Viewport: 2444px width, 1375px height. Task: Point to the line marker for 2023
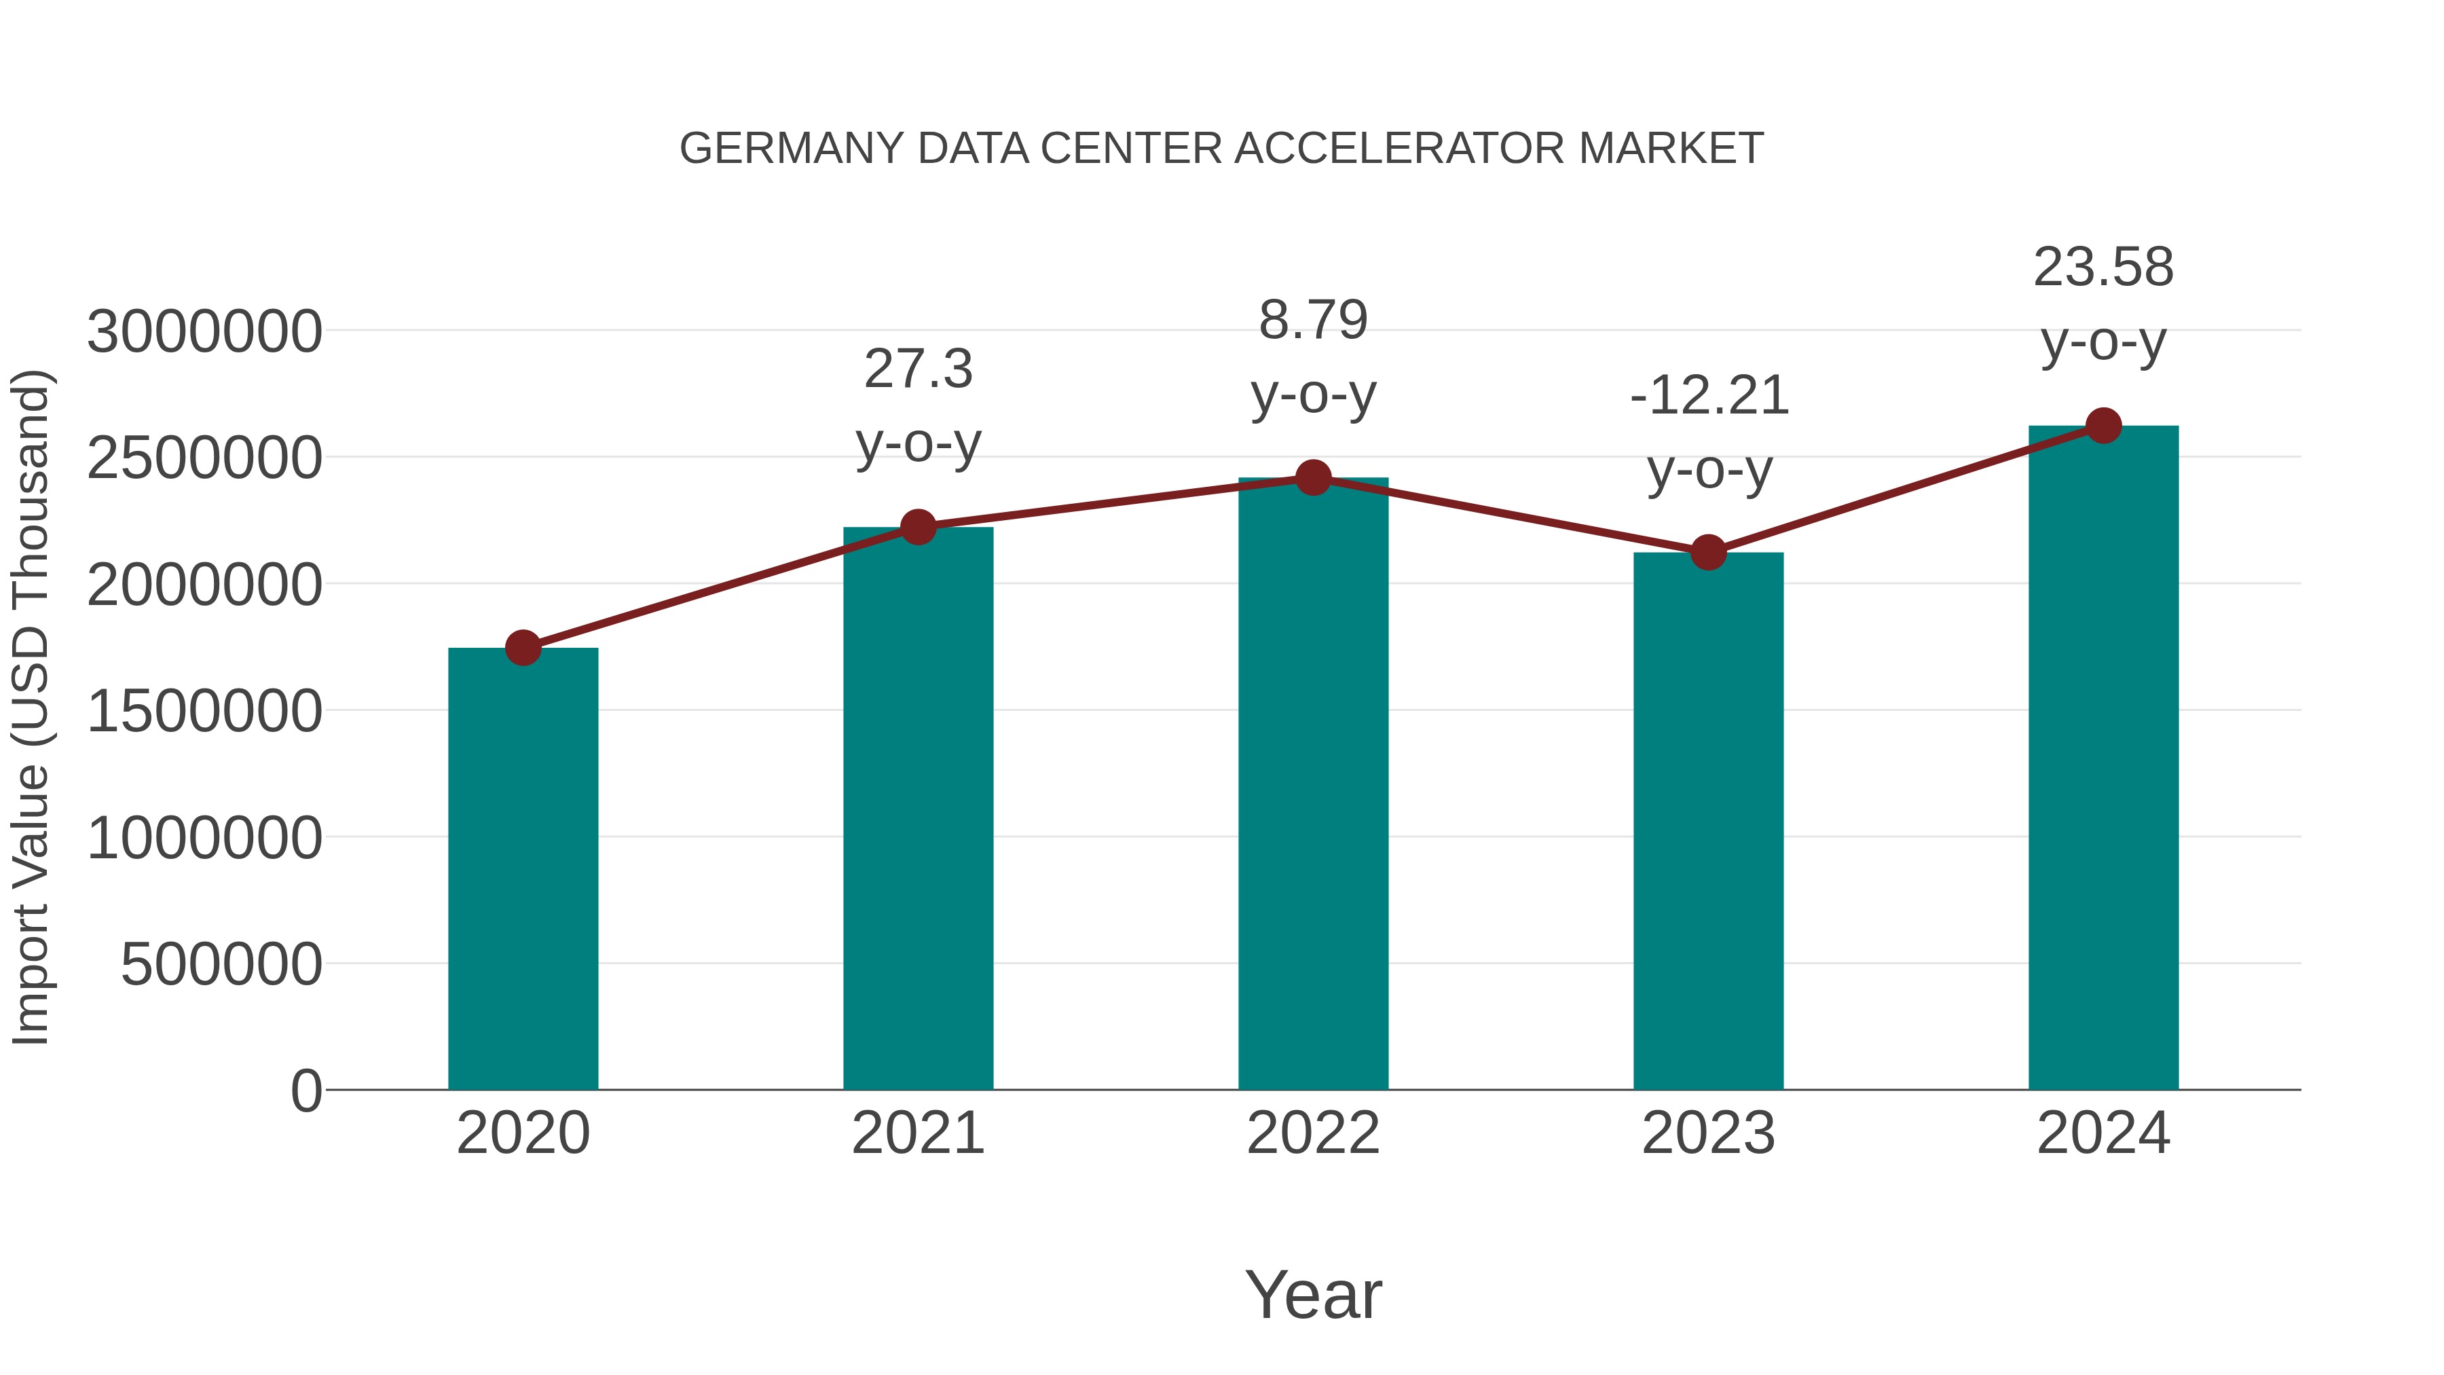pos(1709,552)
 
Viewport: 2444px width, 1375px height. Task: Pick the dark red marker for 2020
pos(523,648)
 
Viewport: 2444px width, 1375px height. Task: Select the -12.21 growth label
pos(1709,396)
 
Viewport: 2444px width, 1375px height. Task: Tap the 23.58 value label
pos(2103,268)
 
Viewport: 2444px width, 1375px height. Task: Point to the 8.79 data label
pos(1313,320)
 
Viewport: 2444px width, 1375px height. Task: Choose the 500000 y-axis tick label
pos(221,964)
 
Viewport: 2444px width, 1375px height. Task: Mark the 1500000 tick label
pos(204,711)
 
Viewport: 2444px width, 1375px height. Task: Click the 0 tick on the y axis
pos(305,1090)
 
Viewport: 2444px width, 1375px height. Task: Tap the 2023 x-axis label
pos(1709,1133)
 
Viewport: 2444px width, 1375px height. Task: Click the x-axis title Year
pos(1313,1294)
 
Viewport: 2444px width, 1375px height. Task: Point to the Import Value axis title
pos(31,707)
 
